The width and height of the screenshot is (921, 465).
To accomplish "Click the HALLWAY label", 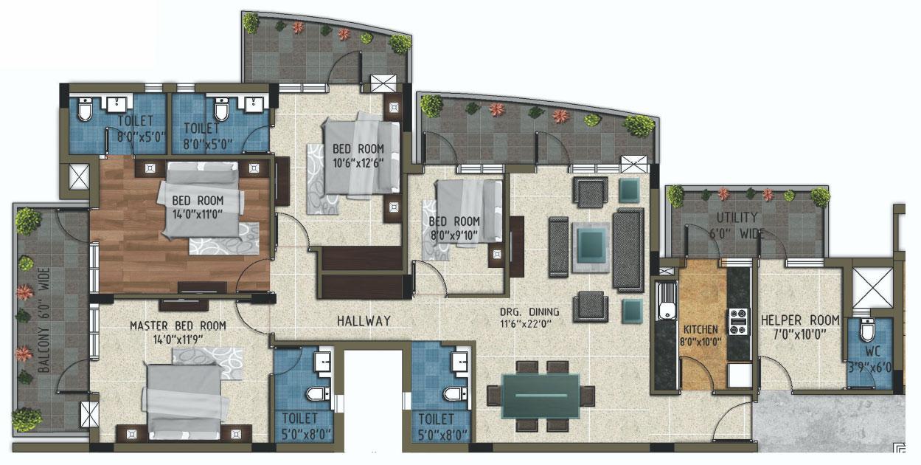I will pos(364,321).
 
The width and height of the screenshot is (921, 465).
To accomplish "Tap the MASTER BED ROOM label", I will pos(178,325).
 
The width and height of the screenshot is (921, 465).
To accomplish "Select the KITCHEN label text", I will pos(701,328).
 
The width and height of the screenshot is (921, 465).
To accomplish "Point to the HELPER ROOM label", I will pos(800,320).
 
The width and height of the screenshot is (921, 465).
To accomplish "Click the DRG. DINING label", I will pos(529,311).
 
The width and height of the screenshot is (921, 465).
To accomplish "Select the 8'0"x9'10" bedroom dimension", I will pos(454,235).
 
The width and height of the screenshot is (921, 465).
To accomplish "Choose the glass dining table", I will pos(540,396).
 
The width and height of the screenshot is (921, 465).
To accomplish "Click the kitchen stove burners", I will pos(739,321).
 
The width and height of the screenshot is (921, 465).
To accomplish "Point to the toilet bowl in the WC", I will pos(868,329).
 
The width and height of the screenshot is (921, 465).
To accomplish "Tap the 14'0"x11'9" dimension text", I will pos(178,340).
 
